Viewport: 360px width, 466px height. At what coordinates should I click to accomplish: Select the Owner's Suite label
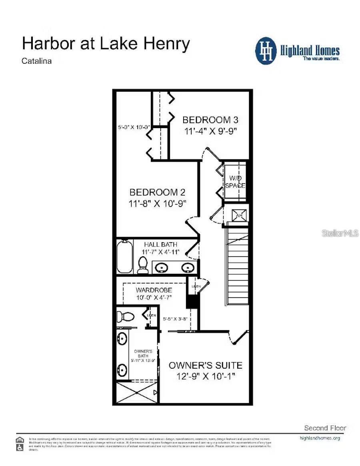[x=205, y=365]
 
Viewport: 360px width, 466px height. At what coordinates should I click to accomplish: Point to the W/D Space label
[x=235, y=182]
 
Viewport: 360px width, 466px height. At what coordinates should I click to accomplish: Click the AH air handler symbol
[x=239, y=215]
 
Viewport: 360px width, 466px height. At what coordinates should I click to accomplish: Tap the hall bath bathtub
[x=124, y=256]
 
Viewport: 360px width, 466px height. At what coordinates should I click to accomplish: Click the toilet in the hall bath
[x=142, y=265]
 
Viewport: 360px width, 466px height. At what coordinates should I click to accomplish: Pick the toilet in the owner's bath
[x=126, y=316]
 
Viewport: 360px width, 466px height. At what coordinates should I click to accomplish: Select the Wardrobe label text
[x=154, y=290]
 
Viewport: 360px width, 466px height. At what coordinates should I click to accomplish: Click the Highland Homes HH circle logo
[x=266, y=51]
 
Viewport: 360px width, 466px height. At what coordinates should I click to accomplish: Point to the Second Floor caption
[x=325, y=428]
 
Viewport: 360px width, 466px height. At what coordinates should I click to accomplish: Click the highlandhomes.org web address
[x=320, y=438]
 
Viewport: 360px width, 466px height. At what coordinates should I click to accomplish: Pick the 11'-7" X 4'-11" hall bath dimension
[x=161, y=252]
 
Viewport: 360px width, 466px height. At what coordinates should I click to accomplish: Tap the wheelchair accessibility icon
[x=20, y=448]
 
